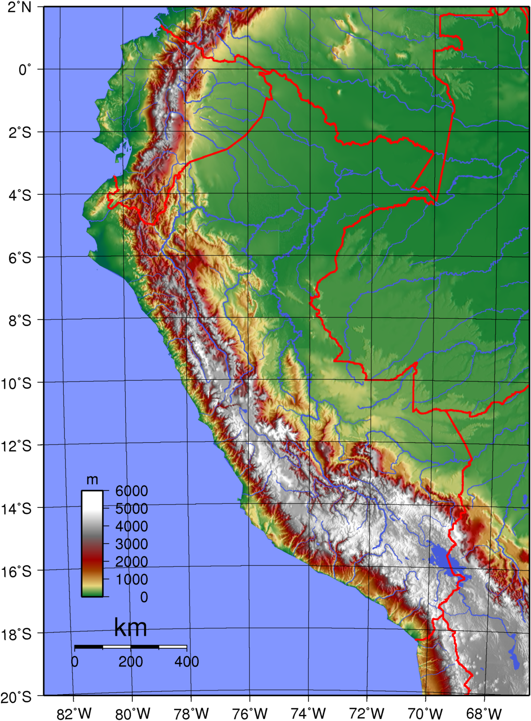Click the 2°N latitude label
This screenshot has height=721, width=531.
tap(19, 7)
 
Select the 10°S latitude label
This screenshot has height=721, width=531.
tap(16, 384)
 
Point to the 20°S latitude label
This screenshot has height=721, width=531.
tap(16, 697)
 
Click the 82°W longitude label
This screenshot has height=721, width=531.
tap(74, 713)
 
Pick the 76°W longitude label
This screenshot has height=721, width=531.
tap(250, 713)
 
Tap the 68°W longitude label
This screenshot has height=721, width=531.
tap(484, 713)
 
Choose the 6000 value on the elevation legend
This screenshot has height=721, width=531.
tap(131, 491)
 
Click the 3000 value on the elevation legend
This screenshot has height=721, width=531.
tap(131, 544)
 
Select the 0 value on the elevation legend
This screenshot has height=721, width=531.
tap(144, 597)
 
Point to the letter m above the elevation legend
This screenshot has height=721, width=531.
tap(92, 480)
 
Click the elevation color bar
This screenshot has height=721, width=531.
tap(92, 544)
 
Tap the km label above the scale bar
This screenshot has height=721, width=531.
tap(130, 628)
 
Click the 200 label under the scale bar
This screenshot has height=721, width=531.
tap(130, 662)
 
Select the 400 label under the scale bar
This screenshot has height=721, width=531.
tap(187, 662)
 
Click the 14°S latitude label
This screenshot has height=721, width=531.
tap(16, 509)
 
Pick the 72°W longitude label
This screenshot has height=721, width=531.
tap(367, 713)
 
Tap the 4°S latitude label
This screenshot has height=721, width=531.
tap(20, 195)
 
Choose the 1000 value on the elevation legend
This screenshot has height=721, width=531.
tap(131, 579)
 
